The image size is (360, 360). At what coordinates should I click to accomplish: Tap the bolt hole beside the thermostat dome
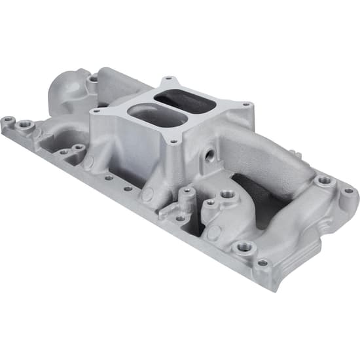[x=94, y=79]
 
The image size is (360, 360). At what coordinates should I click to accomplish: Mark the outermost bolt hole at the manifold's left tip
[x=8, y=120]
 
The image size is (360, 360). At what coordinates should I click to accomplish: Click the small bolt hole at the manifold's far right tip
[x=349, y=190]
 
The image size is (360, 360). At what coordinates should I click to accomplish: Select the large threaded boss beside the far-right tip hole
[x=325, y=180]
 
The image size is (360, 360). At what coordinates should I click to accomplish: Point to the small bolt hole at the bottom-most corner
[x=262, y=263]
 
